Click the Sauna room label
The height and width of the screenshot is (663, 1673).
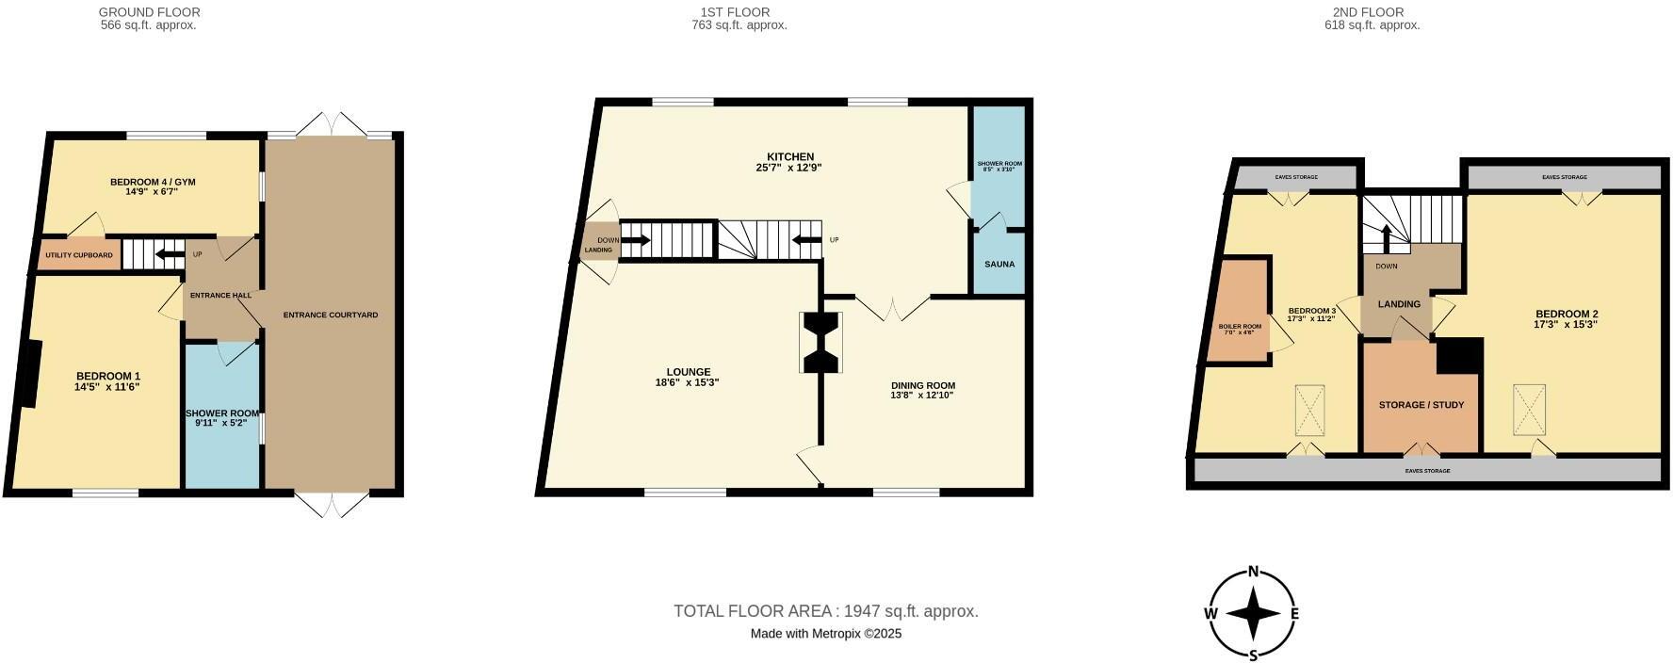point(999,264)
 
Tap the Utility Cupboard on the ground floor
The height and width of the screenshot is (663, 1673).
point(79,255)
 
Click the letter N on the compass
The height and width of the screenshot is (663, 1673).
point(1254,571)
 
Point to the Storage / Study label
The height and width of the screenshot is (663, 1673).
point(1421,405)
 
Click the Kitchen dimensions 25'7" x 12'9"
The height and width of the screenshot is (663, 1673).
point(789,168)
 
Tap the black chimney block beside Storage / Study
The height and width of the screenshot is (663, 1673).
point(1459,357)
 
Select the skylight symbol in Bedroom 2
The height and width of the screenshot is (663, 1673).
point(1529,409)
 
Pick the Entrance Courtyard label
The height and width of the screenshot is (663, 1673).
point(330,315)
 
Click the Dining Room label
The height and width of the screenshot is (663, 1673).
point(922,385)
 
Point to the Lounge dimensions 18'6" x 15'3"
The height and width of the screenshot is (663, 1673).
point(687,382)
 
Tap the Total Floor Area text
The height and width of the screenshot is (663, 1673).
point(825,611)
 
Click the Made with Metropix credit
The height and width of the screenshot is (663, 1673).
point(825,634)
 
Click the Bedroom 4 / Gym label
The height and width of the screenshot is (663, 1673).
point(153,182)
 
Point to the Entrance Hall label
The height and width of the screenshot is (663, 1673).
point(220,296)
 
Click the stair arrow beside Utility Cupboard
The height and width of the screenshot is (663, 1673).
point(170,254)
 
